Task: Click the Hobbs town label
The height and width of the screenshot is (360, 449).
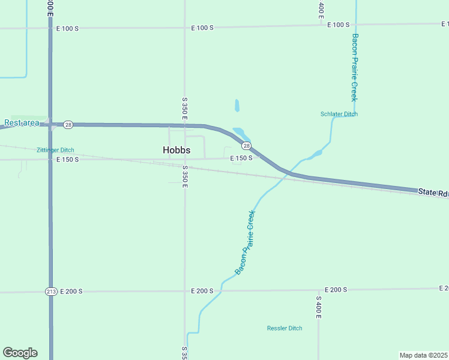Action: (x=176, y=150)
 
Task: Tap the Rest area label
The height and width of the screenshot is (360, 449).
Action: (x=22, y=123)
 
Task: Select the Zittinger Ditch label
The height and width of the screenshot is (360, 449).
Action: (x=55, y=150)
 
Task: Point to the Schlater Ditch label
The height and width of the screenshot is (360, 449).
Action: (x=339, y=114)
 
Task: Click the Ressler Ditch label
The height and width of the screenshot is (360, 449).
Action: (x=285, y=328)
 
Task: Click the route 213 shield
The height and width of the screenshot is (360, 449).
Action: (x=51, y=292)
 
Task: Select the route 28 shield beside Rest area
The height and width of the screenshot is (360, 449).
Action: (x=68, y=124)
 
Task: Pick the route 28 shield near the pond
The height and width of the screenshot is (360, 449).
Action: (x=246, y=146)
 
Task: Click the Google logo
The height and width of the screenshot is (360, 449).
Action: (x=20, y=353)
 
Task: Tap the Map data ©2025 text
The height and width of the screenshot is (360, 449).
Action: (x=423, y=355)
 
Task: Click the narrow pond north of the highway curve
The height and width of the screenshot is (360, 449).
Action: (x=237, y=106)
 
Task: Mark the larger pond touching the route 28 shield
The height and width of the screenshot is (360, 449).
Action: (x=240, y=133)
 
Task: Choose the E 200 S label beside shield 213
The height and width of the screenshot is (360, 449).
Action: (x=71, y=291)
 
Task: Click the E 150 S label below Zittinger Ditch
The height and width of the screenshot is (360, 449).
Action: (x=67, y=160)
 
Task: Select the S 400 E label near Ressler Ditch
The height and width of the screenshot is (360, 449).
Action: (x=319, y=307)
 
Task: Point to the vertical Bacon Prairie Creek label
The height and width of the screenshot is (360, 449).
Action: (x=354, y=67)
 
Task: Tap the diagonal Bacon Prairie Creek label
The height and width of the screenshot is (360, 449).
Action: (x=245, y=242)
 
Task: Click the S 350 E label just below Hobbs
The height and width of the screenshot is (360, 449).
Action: (x=185, y=176)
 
